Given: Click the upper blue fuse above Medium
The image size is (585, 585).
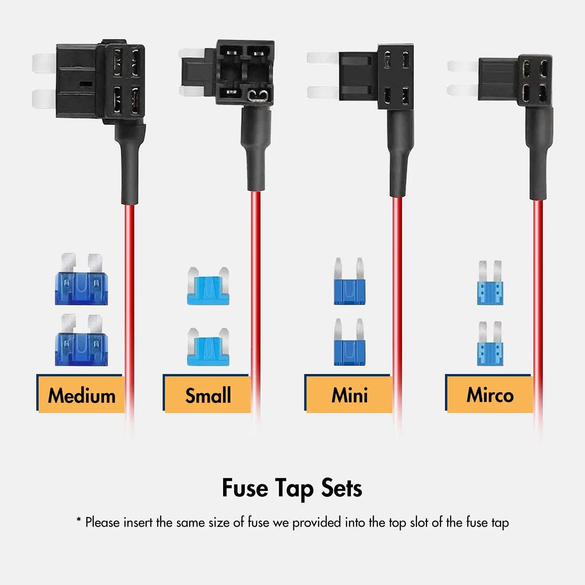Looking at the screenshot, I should (x=81, y=280).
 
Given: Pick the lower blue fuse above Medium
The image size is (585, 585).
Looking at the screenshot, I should (x=81, y=341).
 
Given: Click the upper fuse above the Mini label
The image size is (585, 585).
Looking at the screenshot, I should (x=349, y=283).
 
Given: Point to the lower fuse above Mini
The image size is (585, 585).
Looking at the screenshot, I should (x=349, y=343).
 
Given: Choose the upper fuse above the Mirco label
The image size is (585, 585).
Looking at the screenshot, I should (x=490, y=283).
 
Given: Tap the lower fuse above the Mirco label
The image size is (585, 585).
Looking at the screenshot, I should (x=490, y=344).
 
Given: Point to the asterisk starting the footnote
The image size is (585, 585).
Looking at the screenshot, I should (x=79, y=520).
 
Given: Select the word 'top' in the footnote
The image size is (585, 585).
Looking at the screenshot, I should (x=398, y=523).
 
